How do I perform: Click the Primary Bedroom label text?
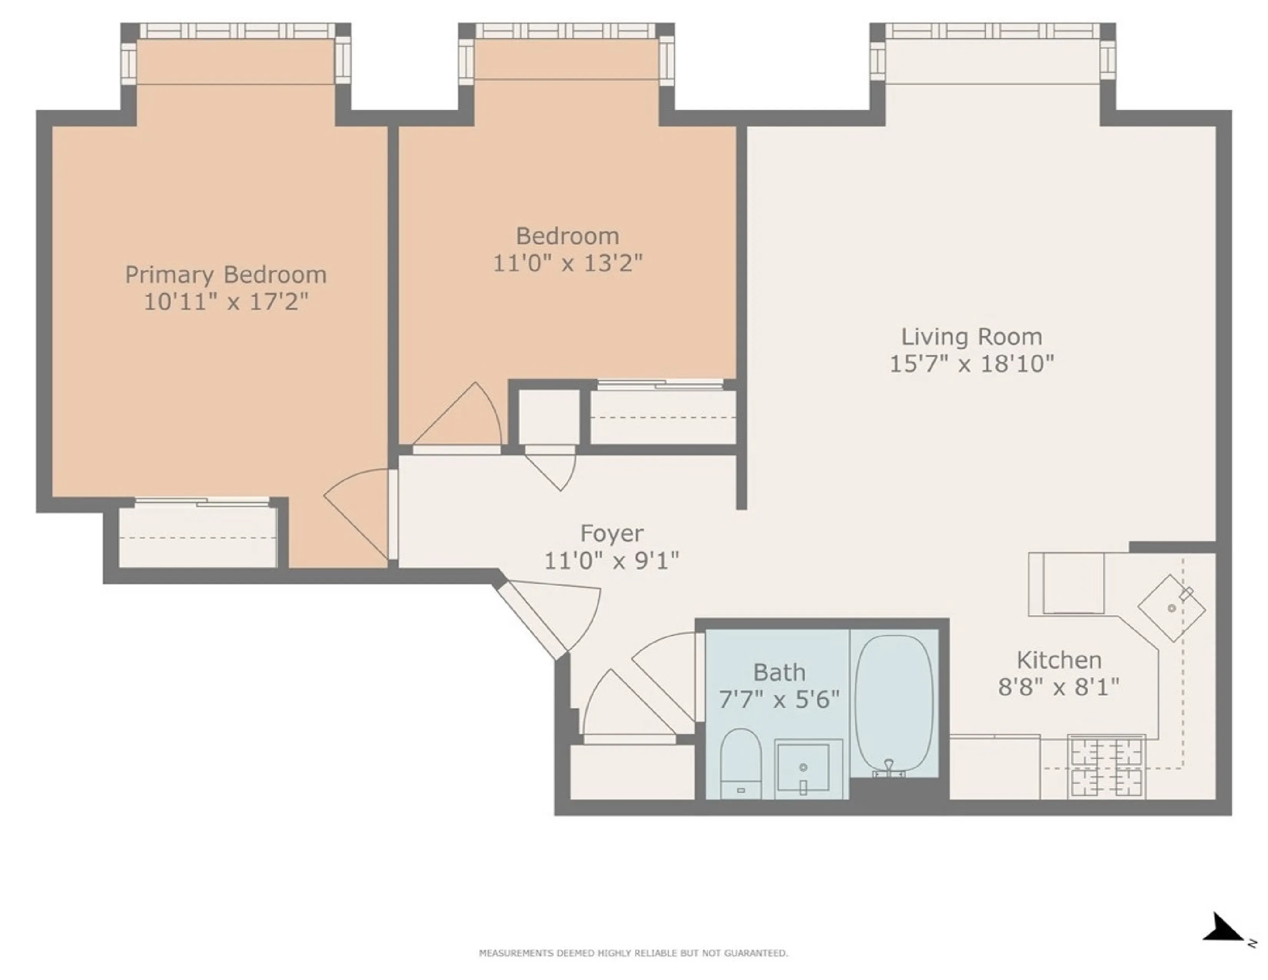(226, 275)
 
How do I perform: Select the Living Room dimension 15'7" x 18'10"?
(971, 364)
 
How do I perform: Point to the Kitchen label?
(1059, 660)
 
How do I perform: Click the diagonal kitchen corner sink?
(1171, 608)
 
